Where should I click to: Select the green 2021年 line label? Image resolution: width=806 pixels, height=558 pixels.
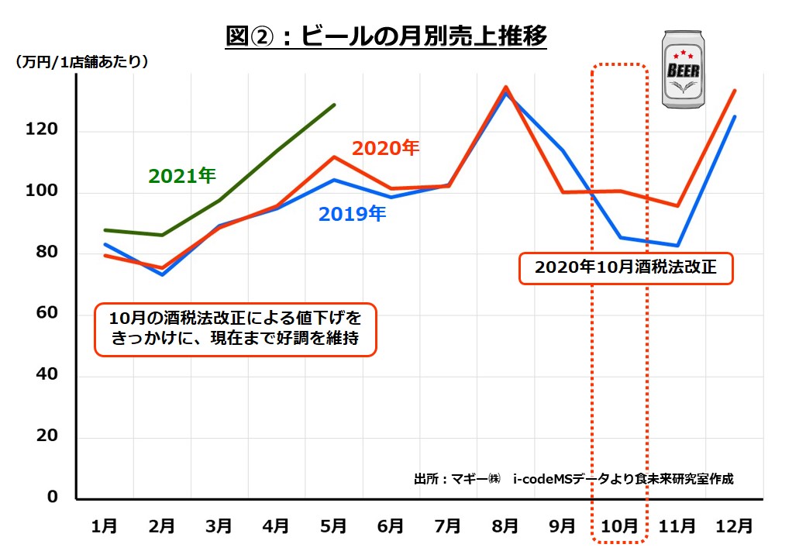[182, 176]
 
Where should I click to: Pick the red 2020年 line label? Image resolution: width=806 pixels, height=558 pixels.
[385, 148]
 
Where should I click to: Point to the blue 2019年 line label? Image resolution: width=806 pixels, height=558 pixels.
[352, 214]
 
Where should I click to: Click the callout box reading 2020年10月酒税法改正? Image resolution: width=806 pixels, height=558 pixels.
[625, 268]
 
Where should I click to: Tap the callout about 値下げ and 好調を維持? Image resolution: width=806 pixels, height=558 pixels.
[235, 329]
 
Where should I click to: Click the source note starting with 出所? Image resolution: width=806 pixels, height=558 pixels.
[573, 479]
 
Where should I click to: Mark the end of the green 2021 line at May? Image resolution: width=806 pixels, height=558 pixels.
[334, 105]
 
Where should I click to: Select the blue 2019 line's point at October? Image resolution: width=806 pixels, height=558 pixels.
[620, 237]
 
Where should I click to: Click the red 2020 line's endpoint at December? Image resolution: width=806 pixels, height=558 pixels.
[735, 91]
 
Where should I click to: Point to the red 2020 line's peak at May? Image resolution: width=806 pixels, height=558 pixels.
[333, 157]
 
